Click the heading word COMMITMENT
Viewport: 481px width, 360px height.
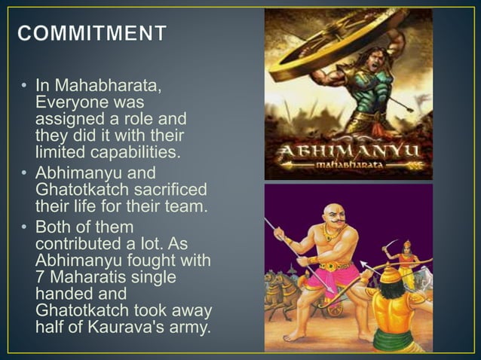[x=92, y=34]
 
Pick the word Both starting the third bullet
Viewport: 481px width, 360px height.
[x=52, y=227]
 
